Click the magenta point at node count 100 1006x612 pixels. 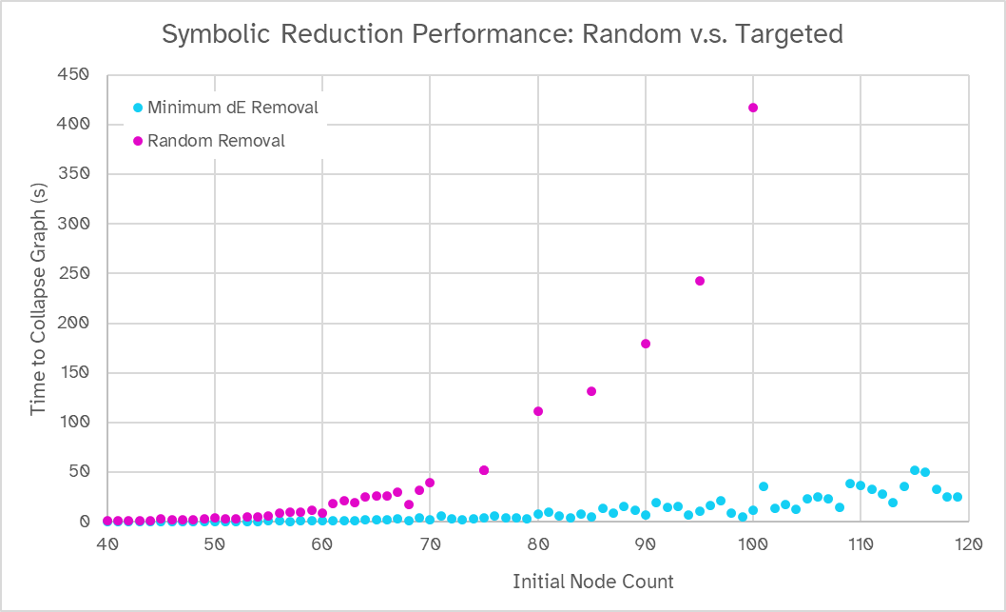[753, 108]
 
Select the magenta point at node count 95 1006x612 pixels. [700, 281]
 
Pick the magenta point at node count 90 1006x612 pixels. [646, 344]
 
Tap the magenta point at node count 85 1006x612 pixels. [591, 391]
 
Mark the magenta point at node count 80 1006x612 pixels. [538, 411]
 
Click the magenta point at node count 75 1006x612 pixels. [484, 470]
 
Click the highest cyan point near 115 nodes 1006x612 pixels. [915, 470]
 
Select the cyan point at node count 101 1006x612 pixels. [764, 486]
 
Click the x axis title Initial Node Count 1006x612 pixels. [592, 581]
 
